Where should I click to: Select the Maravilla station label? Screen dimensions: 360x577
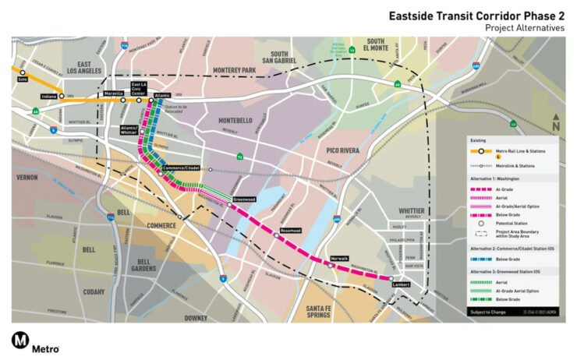click(x=114, y=94)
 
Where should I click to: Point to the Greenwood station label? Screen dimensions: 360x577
click(x=244, y=199)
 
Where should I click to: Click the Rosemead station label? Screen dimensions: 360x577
click(x=290, y=231)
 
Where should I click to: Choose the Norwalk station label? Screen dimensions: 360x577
click(x=338, y=258)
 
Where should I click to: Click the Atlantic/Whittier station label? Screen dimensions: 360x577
click(x=129, y=129)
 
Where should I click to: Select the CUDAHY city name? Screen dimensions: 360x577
click(x=93, y=291)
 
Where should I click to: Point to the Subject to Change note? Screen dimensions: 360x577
click(x=489, y=312)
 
